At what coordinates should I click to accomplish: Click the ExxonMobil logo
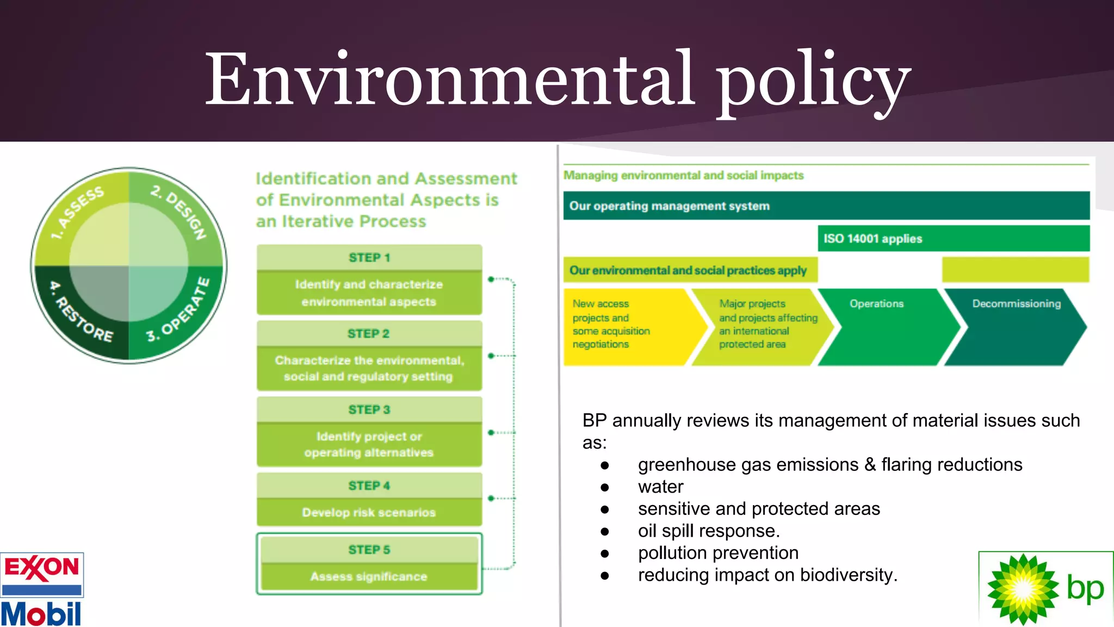click(x=41, y=590)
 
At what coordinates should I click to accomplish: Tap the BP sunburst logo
click(x=1023, y=589)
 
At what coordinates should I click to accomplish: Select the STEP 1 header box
click(x=369, y=257)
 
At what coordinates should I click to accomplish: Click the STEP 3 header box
click(x=369, y=409)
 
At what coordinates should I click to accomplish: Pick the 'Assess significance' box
click(x=369, y=576)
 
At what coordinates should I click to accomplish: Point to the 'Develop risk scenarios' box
click(x=369, y=512)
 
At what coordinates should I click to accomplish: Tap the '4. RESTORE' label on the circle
click(x=82, y=313)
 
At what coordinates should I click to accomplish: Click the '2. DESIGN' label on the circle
click(x=180, y=212)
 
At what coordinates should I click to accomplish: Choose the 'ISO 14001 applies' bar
click(x=953, y=238)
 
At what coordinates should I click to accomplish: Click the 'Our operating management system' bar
click(x=826, y=206)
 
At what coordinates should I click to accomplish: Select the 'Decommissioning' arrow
click(x=1015, y=327)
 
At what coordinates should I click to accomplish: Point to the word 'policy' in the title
click(x=813, y=79)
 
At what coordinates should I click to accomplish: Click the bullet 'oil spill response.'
click(x=708, y=531)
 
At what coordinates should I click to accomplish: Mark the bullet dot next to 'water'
click(x=605, y=487)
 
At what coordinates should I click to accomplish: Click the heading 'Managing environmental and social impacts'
click(x=683, y=175)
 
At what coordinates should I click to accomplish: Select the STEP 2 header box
click(x=369, y=334)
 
